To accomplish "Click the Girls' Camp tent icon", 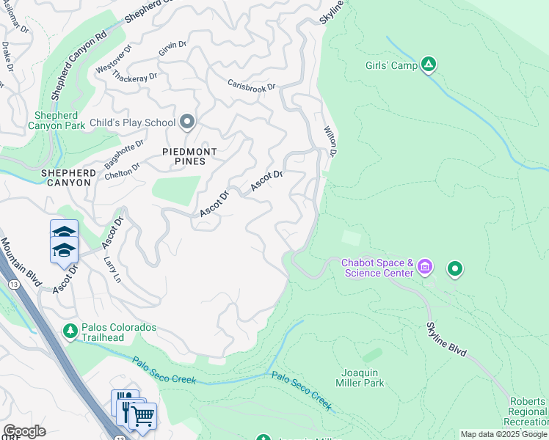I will [x=429, y=65].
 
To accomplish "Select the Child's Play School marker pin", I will [x=187, y=122].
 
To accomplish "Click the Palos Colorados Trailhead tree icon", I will [x=70, y=331].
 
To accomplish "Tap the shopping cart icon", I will [x=142, y=417].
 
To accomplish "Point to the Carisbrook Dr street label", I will [x=251, y=86].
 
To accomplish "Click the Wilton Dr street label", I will [x=330, y=141].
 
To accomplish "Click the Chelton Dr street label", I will [x=122, y=170].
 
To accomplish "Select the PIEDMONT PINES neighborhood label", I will [x=189, y=157].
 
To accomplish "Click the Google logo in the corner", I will [x=23, y=431].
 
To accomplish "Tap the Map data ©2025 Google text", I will [x=503, y=434].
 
